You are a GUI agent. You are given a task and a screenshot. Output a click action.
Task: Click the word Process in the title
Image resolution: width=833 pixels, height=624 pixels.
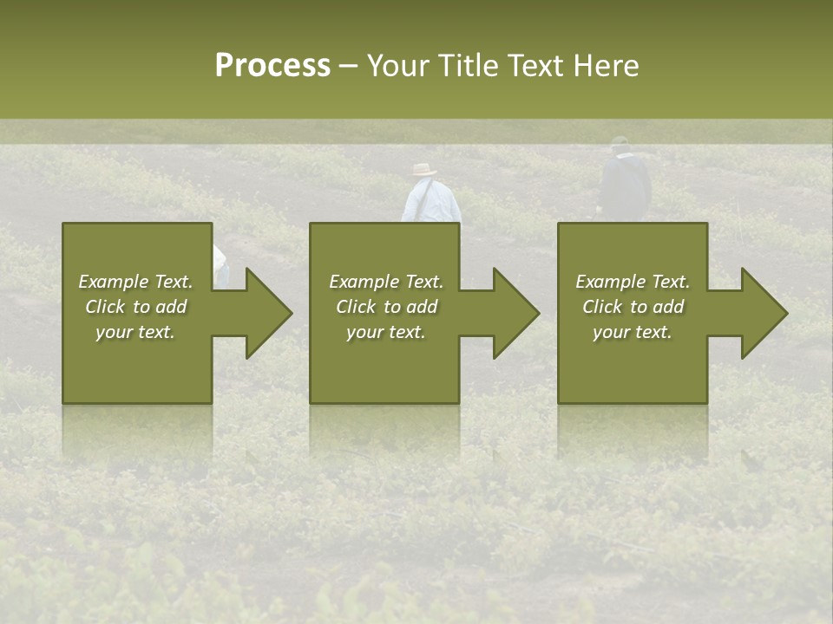(x=272, y=66)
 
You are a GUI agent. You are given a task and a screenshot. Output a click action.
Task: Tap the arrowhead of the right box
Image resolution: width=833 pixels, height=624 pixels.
(x=763, y=313)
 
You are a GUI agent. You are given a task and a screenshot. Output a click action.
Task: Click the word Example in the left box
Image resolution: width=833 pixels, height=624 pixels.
(x=113, y=282)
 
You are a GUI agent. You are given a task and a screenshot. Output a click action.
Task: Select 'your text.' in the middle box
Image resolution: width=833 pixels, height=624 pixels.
(x=385, y=332)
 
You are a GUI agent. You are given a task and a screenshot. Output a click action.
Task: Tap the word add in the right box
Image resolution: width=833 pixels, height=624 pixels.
(x=668, y=307)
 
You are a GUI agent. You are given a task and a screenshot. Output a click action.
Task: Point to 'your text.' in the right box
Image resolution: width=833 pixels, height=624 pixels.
(x=633, y=332)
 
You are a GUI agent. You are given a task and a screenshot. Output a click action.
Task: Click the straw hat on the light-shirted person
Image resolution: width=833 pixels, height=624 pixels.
(x=424, y=170)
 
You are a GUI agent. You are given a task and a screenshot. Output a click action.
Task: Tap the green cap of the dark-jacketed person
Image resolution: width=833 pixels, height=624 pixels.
(x=619, y=141)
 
